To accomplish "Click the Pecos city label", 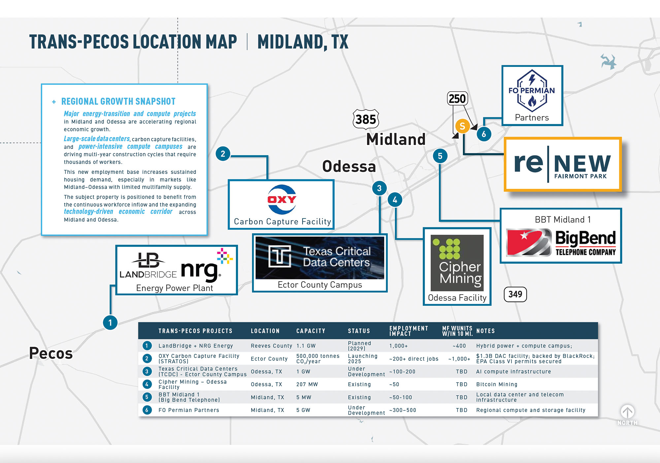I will click(x=51, y=353).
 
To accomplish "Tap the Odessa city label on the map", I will click(x=349, y=166).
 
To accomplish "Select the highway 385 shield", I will click(x=366, y=119).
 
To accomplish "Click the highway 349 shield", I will click(x=515, y=294).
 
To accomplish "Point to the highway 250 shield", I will click(x=457, y=99).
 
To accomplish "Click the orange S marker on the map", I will click(x=462, y=126).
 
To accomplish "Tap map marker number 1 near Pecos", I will click(x=110, y=323).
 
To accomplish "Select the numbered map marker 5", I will click(x=440, y=156).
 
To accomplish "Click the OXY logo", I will click(x=281, y=199).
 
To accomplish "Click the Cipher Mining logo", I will click(x=457, y=263).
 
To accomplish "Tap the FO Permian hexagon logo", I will click(x=532, y=91).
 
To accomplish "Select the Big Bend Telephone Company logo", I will click(x=561, y=243).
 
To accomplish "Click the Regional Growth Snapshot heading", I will click(x=118, y=101).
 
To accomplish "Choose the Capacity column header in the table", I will click(x=311, y=331).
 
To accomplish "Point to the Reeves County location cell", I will click(x=271, y=346).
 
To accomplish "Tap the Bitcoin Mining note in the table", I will click(x=497, y=384).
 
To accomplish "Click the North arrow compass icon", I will click(x=627, y=412).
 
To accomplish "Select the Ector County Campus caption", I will click(x=320, y=285).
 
